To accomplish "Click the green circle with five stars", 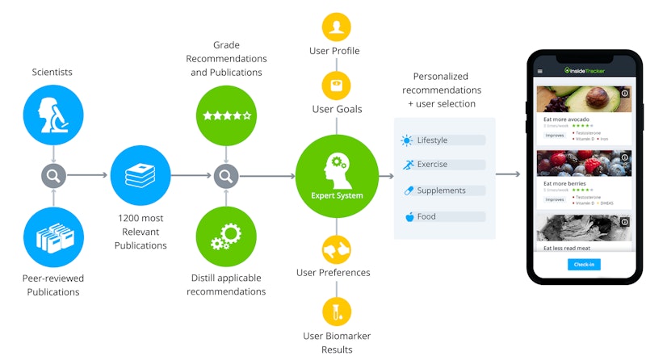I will pos(227,115).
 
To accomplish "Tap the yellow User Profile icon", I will pos(336,27).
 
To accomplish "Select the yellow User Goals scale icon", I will pos(336,84).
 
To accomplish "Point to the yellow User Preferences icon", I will pos(336,249).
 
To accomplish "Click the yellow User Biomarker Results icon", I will pos(336,312).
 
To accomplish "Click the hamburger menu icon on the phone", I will pos(541,71).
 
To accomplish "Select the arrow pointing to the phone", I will pos(507,174).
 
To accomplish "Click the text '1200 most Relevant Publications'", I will pos(141,232).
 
